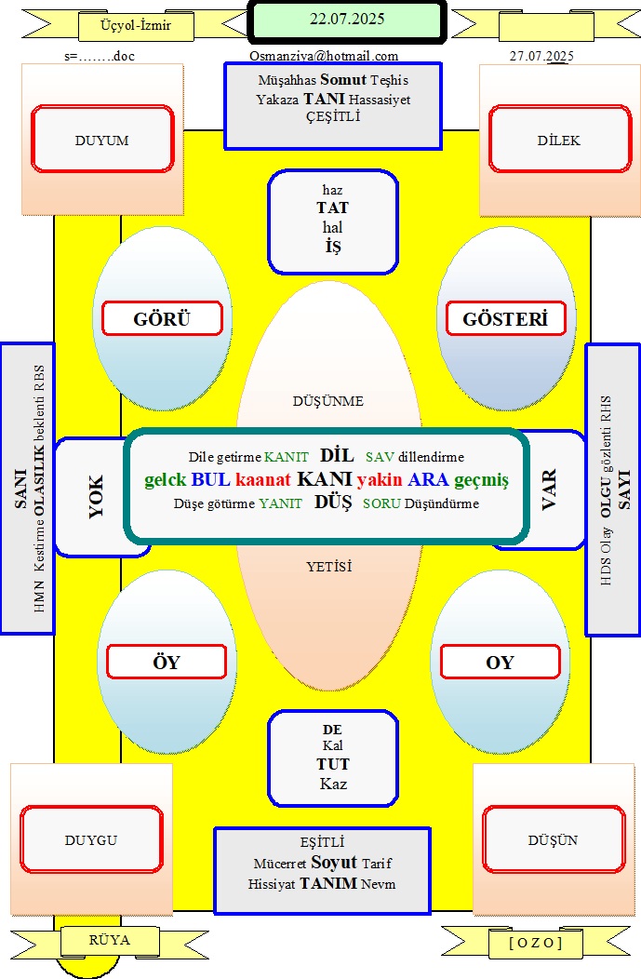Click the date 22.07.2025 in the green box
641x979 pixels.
[x=347, y=19]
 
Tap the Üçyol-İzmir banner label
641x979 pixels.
[x=136, y=26]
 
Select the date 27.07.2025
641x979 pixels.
[x=541, y=56]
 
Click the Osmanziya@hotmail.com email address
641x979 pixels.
[x=324, y=56]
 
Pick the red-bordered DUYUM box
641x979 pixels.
[x=102, y=139]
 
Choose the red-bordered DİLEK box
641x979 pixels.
[x=560, y=139]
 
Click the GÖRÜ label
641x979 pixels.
[x=162, y=318]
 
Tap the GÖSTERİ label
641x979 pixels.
[x=505, y=318]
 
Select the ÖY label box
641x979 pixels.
[x=167, y=662]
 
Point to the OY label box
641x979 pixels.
[x=501, y=662]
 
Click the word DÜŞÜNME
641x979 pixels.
[x=328, y=401]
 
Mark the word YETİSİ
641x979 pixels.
[x=329, y=567]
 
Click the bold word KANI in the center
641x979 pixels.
[x=325, y=478]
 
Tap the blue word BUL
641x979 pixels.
[x=211, y=479]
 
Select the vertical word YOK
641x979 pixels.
[x=96, y=496]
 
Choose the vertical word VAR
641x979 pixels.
[x=549, y=490]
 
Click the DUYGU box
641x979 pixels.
[x=92, y=839]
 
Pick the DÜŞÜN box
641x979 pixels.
[x=554, y=839]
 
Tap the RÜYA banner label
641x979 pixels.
[x=110, y=940]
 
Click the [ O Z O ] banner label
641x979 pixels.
[x=536, y=942]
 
